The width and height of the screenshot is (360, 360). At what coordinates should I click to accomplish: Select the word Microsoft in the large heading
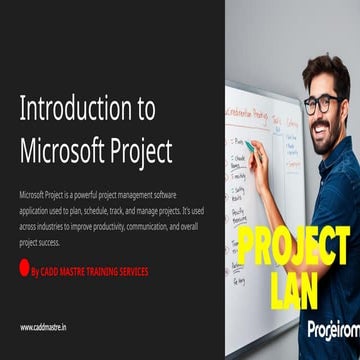tap(60, 149)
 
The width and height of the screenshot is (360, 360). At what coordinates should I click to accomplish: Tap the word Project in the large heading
tap(138, 149)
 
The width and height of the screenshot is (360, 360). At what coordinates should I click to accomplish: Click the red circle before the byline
tap(25, 266)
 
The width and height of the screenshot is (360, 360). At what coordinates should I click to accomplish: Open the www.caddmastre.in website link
tap(44, 327)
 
